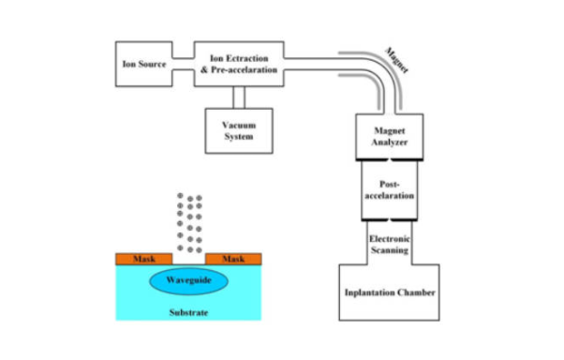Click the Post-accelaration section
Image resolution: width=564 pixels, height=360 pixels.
click(x=389, y=190)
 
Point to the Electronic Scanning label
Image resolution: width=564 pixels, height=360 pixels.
click(x=389, y=244)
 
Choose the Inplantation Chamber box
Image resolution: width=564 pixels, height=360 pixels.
click(x=389, y=293)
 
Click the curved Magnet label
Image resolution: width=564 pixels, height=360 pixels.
click(x=399, y=63)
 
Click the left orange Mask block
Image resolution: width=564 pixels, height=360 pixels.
click(x=142, y=258)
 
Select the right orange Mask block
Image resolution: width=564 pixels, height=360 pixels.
click(x=234, y=258)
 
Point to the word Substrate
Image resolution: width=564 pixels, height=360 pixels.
click(x=188, y=311)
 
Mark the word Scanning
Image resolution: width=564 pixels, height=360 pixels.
click(x=389, y=250)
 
